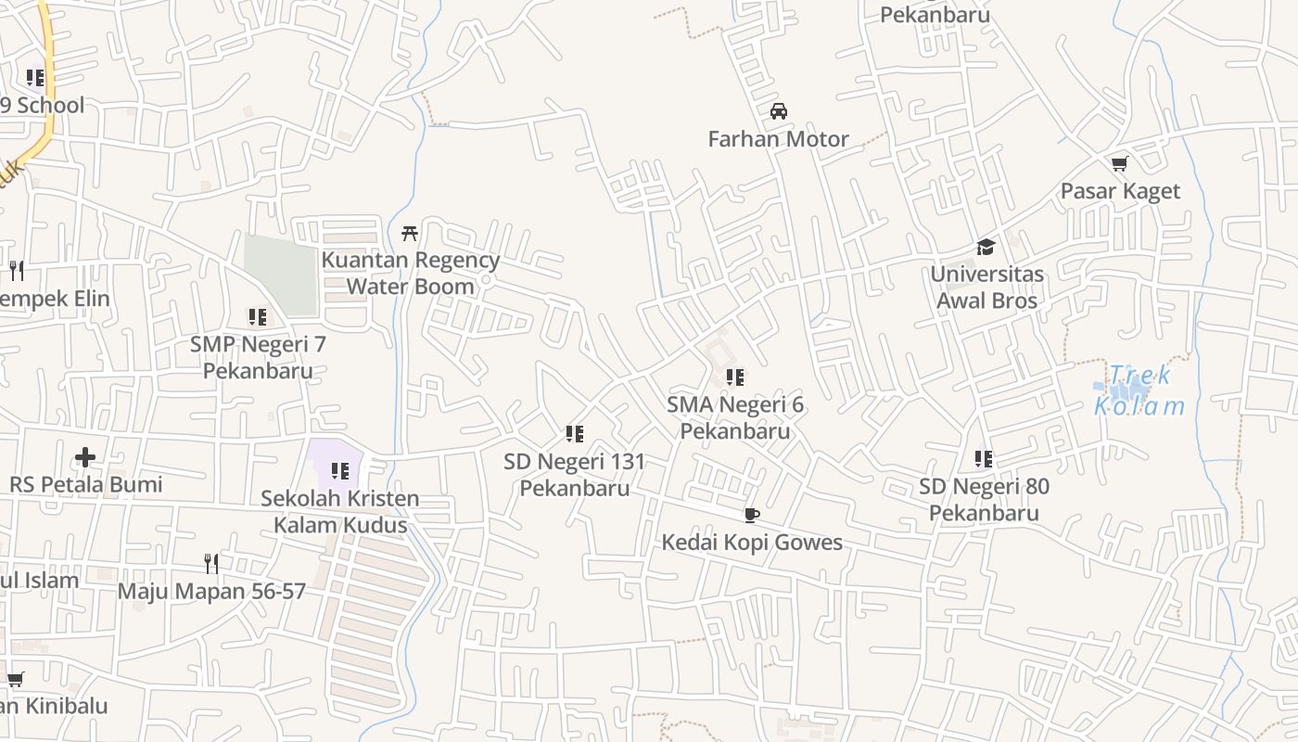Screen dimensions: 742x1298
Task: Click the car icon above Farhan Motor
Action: [779, 112]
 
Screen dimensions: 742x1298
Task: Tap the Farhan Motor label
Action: [778, 139]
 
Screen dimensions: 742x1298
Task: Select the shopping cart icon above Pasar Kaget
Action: [1119, 164]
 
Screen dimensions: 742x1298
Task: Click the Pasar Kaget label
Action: [1120, 191]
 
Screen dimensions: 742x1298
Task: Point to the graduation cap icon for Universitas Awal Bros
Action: [986, 247]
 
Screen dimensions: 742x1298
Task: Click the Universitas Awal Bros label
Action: [986, 288]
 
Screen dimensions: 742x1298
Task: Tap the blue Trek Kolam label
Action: [1139, 390]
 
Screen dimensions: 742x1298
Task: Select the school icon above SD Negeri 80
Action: [983, 458]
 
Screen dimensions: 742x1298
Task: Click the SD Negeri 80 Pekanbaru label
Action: [984, 500]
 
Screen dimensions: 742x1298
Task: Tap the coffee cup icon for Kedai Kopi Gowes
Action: [751, 515]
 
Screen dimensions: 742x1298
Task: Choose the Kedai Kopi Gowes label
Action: [751, 542]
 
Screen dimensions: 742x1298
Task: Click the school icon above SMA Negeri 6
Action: [734, 377]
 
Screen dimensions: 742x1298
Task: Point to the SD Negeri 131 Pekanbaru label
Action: [574, 474]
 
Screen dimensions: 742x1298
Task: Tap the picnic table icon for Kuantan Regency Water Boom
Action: [409, 233]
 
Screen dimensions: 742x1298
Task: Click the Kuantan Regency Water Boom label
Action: [410, 274]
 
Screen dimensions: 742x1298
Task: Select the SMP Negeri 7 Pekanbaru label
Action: [258, 357]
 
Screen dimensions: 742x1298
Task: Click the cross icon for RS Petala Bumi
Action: [85, 457]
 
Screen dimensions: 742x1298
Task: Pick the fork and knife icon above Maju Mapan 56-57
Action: [211, 563]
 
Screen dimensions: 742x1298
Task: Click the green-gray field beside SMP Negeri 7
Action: [280, 275]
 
